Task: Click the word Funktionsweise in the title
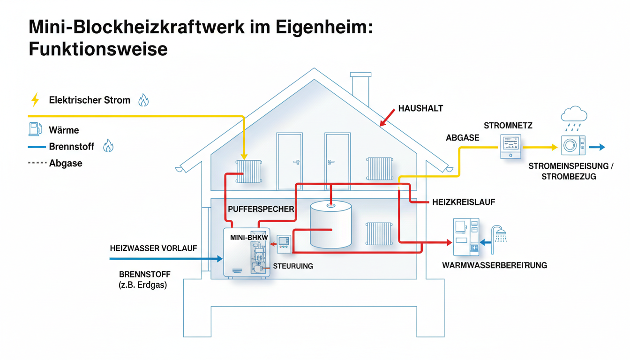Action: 98,48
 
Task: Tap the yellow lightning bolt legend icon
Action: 34,99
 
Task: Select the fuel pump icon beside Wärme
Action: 34,129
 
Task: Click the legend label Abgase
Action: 66,163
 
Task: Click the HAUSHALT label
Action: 420,108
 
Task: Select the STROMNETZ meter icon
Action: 510,146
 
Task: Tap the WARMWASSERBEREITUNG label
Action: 495,265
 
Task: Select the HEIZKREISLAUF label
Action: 463,202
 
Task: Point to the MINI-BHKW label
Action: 249,238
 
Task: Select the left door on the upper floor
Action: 289,161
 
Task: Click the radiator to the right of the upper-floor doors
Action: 380,169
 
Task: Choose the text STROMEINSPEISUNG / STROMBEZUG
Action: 571,172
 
